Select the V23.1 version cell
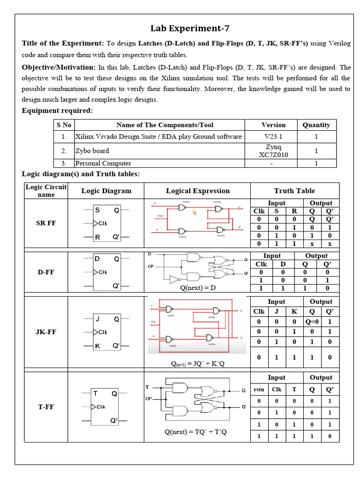pos(273,136)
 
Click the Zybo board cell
pos(92,151)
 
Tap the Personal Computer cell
pos(103,164)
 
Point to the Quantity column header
pos(316,125)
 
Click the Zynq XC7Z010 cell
pos(273,151)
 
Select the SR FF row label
pos(46,223)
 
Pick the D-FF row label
pos(46,272)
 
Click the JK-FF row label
pos(46,332)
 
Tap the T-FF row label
pos(46,407)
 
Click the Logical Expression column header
pos(198,191)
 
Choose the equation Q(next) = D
pos(197,288)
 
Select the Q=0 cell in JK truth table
pos(312,322)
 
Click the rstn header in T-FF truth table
pos(259,389)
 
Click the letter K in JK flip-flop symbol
pos(97,346)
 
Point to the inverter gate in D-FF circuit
pos(174,279)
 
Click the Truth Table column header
pos(294,191)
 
